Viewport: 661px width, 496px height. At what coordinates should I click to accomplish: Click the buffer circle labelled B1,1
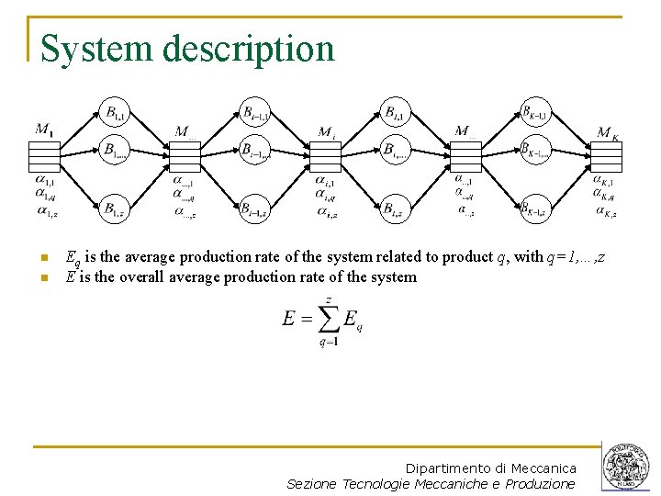(x=115, y=113)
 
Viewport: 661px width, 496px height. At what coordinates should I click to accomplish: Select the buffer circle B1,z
(x=115, y=209)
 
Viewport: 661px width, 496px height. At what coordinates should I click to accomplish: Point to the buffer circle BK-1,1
(x=535, y=113)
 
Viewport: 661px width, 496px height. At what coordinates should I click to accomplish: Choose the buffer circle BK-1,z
(x=535, y=209)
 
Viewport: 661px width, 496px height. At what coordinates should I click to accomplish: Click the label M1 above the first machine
(x=44, y=130)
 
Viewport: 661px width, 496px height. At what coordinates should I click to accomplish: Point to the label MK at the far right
(x=608, y=133)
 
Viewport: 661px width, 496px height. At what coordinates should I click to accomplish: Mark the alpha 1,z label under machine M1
(x=46, y=211)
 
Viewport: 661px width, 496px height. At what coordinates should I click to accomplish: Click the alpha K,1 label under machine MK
(x=604, y=181)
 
